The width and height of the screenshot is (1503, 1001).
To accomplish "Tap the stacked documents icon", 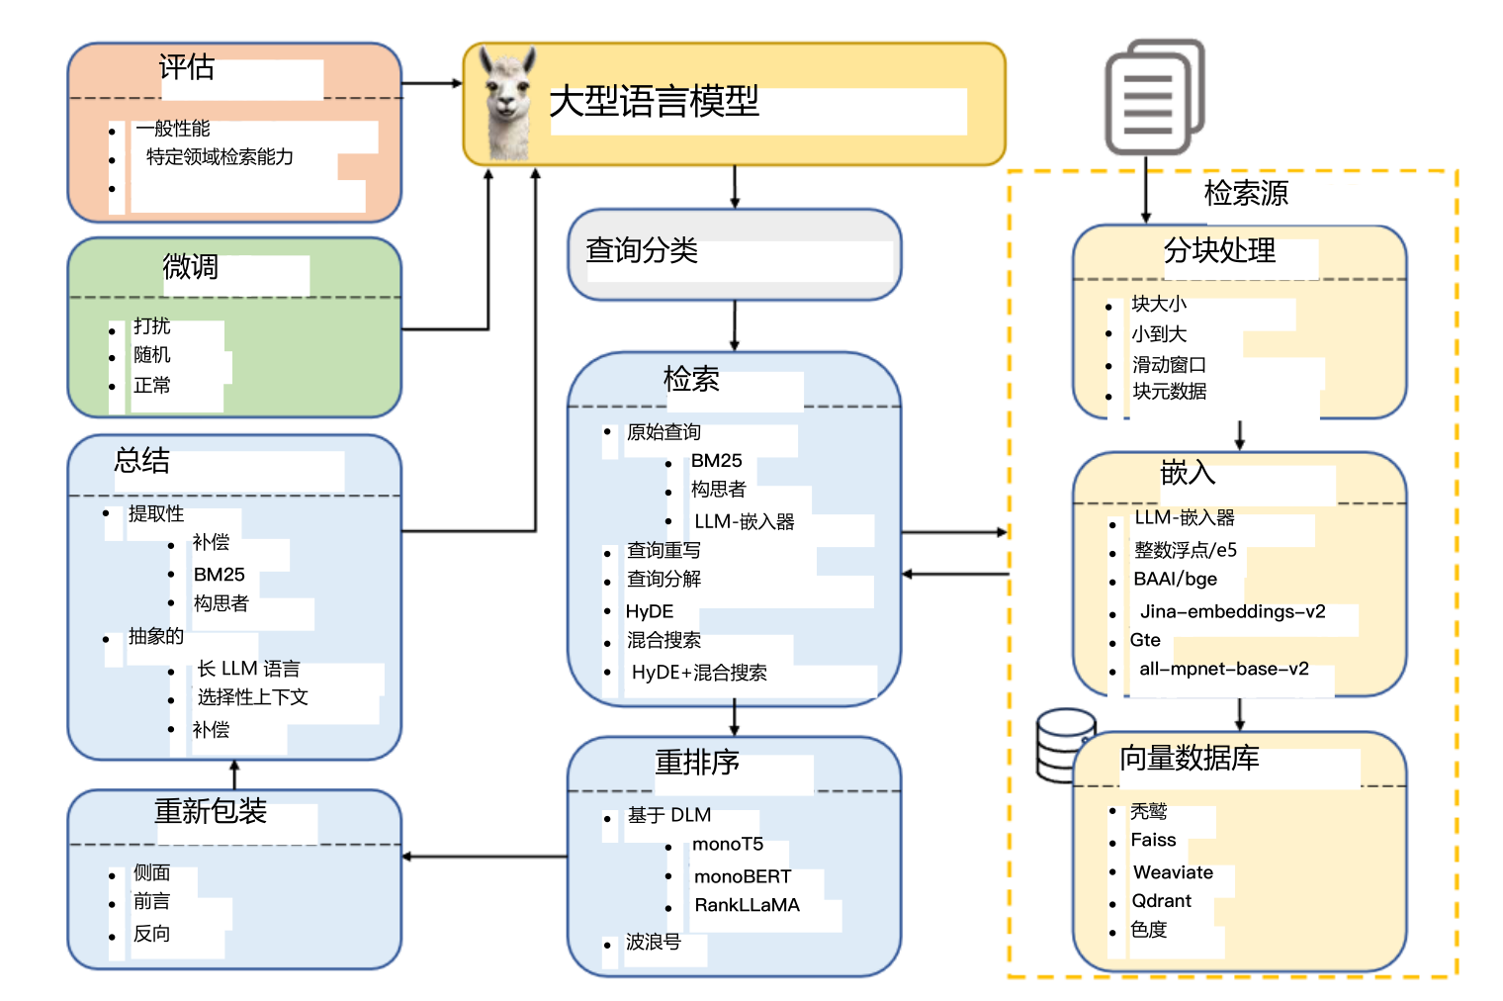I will [x=1154, y=97].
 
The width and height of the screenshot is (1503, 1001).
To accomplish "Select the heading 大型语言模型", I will [x=654, y=101].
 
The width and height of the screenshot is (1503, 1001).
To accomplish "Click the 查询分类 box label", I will [x=642, y=250].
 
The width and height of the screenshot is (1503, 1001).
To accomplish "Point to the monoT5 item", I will [x=728, y=844].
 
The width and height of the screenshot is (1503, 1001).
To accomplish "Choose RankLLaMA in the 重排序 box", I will [x=747, y=905].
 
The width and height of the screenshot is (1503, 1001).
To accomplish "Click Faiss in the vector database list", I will [x=1154, y=840].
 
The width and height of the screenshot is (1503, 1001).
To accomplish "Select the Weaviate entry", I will [x=1173, y=872].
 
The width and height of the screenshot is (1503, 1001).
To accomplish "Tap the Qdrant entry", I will [x=1162, y=901].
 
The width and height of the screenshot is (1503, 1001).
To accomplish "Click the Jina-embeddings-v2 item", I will [x=1232, y=611].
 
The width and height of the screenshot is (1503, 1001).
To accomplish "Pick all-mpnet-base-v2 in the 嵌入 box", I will [x=1224, y=669].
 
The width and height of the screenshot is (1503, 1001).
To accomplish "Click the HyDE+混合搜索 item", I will [x=699, y=673].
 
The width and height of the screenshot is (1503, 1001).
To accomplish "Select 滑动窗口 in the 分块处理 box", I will [x=1169, y=364].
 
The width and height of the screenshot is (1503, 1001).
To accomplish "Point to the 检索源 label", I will [x=1246, y=193].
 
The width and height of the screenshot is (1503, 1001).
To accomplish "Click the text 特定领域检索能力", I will [x=220, y=156].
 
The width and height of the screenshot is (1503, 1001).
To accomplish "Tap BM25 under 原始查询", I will [x=716, y=461].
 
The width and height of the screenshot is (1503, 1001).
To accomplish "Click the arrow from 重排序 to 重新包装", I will [x=485, y=857].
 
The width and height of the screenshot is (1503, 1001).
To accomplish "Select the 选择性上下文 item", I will [x=252, y=697].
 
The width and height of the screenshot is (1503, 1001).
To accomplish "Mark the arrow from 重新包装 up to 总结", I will [x=234, y=774].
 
